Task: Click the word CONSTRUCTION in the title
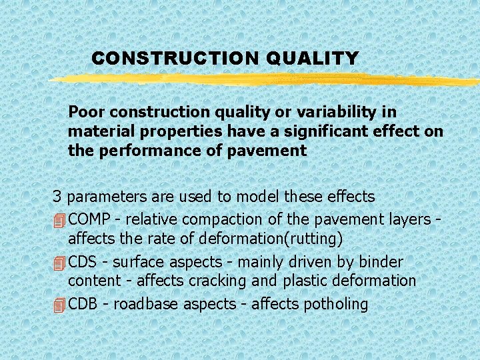(x=175, y=59)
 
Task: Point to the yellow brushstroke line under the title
(x=267, y=80)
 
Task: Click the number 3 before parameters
(x=57, y=197)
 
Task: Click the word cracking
(x=216, y=281)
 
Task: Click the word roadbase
(x=147, y=305)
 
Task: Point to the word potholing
(x=335, y=305)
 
